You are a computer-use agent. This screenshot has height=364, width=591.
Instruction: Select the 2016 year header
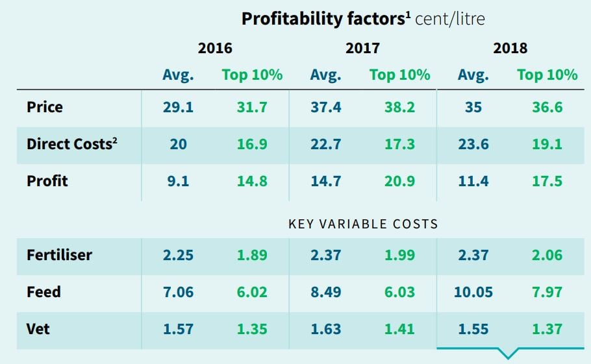point(214,48)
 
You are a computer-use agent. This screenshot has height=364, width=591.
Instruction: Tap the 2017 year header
point(362,48)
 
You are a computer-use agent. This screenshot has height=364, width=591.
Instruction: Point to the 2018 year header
point(510,48)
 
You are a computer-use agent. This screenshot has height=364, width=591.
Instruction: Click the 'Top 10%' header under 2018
point(547,75)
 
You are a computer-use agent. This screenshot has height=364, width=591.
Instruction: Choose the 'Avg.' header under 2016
point(178,75)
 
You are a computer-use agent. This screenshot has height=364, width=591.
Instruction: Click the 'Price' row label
point(45,106)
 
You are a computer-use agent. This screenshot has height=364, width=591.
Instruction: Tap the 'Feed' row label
point(44,292)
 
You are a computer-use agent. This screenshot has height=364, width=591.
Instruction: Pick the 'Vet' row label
point(38,329)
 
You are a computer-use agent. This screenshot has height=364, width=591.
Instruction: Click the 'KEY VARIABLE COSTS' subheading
point(363,224)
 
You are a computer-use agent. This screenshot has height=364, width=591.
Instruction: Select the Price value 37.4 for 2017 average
point(325,107)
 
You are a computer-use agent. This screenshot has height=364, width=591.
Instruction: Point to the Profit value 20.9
point(399,181)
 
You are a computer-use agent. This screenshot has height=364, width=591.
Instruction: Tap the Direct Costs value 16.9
point(252,144)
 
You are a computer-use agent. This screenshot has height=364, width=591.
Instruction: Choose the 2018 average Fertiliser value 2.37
point(473,255)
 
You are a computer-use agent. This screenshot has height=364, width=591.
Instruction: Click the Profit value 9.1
point(178,181)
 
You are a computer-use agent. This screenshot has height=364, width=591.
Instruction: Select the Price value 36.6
point(547,107)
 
